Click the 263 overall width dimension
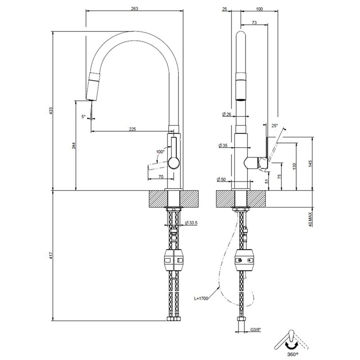click(135, 9)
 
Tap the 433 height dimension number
click(51, 111)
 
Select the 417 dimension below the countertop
click(51, 256)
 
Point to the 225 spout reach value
click(132, 129)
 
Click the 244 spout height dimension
click(73, 145)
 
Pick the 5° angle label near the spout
click(83, 117)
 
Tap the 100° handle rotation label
click(161, 152)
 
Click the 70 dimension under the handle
click(161, 176)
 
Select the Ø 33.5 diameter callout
click(191, 222)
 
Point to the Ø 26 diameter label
click(227, 114)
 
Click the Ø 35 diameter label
click(223, 145)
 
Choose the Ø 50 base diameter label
click(221, 179)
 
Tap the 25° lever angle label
click(274, 126)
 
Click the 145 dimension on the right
click(310, 164)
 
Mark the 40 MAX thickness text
click(310, 219)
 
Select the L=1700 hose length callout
click(201, 298)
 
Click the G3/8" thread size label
click(256, 329)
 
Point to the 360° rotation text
click(293, 355)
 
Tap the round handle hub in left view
click(174, 163)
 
